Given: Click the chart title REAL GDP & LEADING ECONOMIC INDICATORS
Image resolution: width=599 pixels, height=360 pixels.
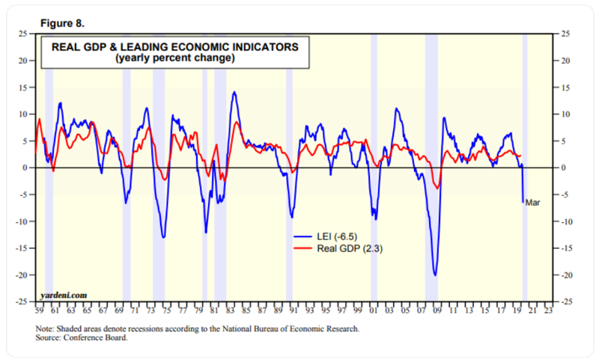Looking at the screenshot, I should (x=174, y=47).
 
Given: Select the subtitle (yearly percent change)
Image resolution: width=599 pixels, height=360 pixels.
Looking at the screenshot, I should (x=174, y=58).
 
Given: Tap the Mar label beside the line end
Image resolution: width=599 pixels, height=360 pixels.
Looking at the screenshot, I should (x=533, y=202).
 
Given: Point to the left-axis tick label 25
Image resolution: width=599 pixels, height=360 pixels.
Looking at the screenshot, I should (x=23, y=34).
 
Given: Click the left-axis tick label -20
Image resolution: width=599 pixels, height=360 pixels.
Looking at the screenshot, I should (x=22, y=275).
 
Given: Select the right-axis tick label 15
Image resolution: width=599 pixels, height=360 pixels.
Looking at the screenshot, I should (x=566, y=88).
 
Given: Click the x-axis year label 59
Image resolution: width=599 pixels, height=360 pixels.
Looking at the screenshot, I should (x=37, y=309).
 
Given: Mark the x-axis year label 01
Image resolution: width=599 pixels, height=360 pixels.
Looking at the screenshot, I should (x=373, y=309).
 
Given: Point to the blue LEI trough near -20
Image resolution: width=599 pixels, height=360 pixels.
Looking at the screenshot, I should (x=434, y=275).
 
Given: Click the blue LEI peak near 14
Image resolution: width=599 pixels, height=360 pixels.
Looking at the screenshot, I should (x=234, y=92).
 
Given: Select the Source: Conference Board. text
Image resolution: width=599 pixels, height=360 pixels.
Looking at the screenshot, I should (x=81, y=338).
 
